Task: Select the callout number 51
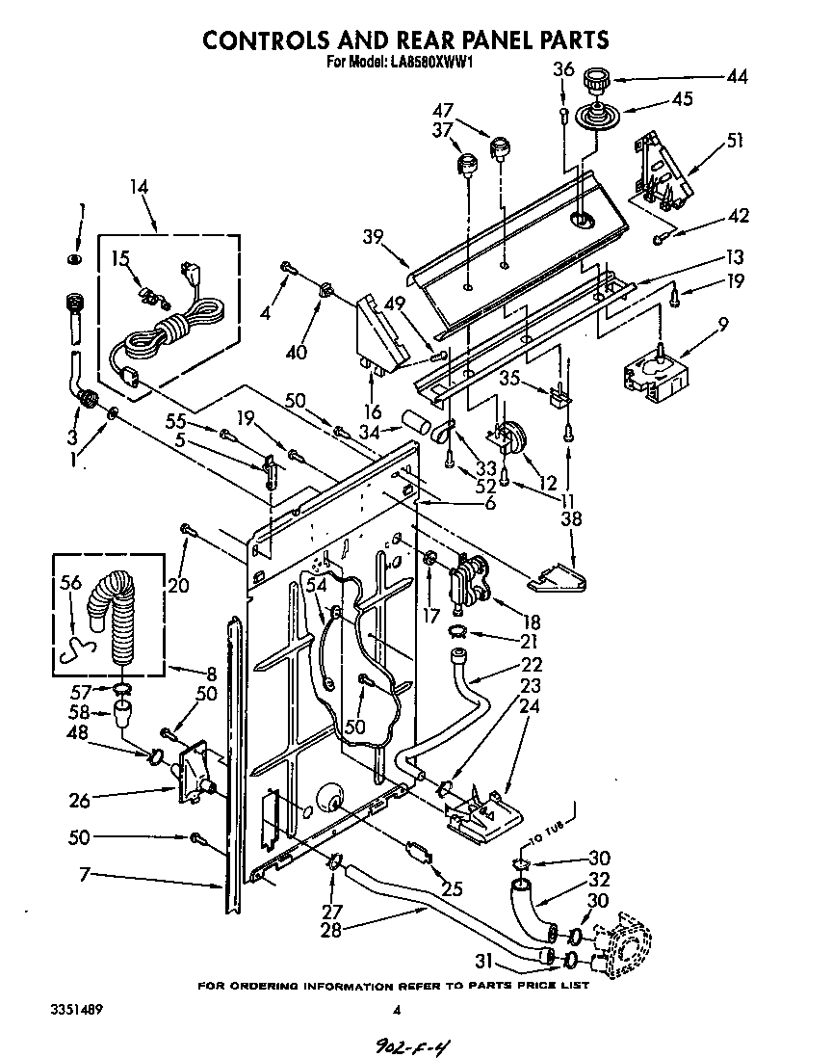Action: click(x=735, y=141)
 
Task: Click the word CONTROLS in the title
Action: click(x=278, y=40)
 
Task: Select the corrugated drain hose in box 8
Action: click(x=114, y=618)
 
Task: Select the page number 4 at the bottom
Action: click(x=396, y=1010)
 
